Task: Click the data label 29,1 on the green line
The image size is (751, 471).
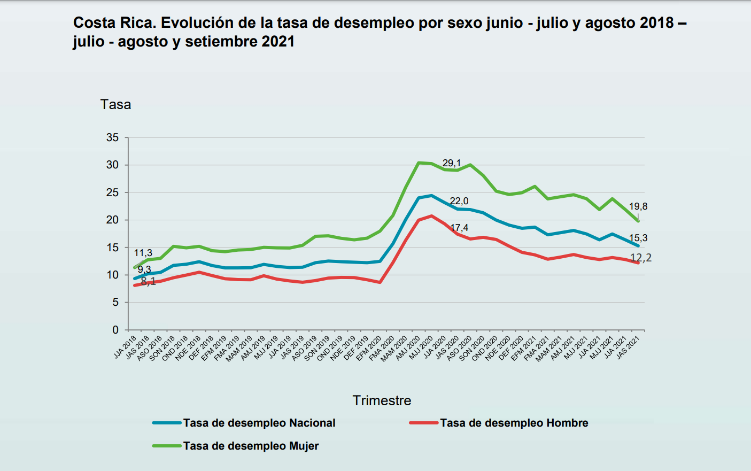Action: pyautogui.click(x=451, y=163)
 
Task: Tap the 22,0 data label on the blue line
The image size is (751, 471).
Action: pyautogui.click(x=459, y=201)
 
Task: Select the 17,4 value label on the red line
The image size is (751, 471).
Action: pyautogui.click(x=459, y=228)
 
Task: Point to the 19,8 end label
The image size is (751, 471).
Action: pyautogui.click(x=638, y=206)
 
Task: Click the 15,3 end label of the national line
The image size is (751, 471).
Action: pyautogui.click(x=638, y=238)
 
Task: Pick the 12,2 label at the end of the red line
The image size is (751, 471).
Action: pyautogui.click(x=641, y=258)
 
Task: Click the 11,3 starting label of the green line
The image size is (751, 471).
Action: pyautogui.click(x=143, y=253)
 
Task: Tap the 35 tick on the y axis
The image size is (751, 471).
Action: pyautogui.click(x=112, y=137)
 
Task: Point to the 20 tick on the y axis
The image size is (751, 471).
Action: pyautogui.click(x=112, y=220)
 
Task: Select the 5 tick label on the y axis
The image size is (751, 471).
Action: pyautogui.click(x=115, y=302)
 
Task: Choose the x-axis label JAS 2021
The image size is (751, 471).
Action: pyautogui.click(x=629, y=346)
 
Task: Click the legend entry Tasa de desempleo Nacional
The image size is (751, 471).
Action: pyautogui.click(x=259, y=423)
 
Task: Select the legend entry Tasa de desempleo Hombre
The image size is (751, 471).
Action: pyautogui.click(x=514, y=423)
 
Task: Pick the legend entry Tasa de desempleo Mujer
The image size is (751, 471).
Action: pyautogui.click(x=251, y=446)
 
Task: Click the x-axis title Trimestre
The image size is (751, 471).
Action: pyautogui.click(x=382, y=400)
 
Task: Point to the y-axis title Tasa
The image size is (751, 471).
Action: pyautogui.click(x=115, y=104)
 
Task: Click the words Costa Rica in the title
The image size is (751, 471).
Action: pyautogui.click(x=112, y=23)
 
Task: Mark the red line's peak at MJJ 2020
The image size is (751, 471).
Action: pyautogui.click(x=431, y=216)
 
